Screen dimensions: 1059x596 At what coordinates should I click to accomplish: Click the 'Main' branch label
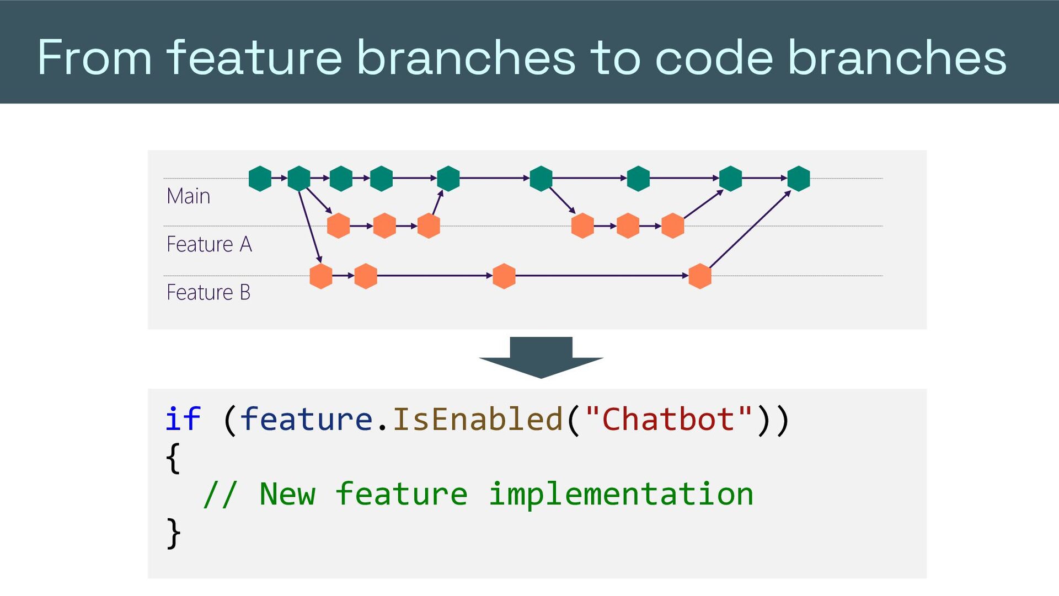[x=188, y=196]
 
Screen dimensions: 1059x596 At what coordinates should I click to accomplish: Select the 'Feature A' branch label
[x=209, y=244]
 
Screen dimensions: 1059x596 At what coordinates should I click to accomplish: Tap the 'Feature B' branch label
[x=208, y=292]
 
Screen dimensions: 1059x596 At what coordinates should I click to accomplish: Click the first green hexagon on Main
[x=260, y=179]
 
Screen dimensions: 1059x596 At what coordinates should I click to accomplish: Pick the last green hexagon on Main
[x=799, y=179]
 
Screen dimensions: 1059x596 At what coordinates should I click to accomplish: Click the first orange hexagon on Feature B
[x=321, y=276]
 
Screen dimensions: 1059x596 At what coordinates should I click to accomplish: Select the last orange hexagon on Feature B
[x=700, y=276]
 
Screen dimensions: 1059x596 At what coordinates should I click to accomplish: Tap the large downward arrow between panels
[x=541, y=357]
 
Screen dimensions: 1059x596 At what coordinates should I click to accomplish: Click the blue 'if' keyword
[x=183, y=419]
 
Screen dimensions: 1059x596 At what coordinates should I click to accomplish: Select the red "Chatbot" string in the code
[x=668, y=419]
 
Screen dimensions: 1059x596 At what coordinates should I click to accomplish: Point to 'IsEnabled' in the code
[x=477, y=419]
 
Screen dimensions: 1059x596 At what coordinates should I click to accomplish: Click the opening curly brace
[x=173, y=458]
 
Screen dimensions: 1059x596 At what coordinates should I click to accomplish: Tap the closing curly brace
[x=173, y=533]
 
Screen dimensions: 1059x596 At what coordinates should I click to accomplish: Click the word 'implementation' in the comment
[x=621, y=494]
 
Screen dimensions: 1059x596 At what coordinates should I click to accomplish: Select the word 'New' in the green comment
[x=287, y=494]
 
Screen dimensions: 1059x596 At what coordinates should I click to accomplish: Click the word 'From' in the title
[x=94, y=57]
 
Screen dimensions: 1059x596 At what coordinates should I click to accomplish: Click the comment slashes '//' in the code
[x=221, y=494]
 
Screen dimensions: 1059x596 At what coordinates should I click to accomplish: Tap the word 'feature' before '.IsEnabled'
[x=307, y=419]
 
